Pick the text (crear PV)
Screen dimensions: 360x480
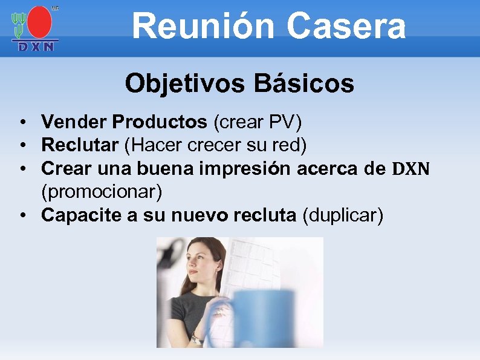[x=258, y=122]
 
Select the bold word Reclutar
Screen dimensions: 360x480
[x=80, y=145]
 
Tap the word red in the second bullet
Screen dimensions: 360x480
[x=294, y=145]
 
